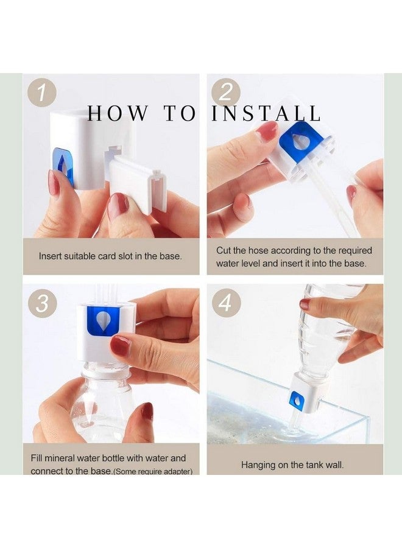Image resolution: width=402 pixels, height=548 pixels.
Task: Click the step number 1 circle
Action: (42, 93)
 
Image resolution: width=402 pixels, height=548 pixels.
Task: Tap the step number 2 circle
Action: (226, 93)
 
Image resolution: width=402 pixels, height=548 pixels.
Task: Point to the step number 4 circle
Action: (226, 303)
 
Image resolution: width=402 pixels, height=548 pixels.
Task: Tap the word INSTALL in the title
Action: (266, 113)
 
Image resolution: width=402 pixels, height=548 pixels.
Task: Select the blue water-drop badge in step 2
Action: (298, 141)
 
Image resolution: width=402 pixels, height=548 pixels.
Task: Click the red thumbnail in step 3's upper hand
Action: (120, 345)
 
